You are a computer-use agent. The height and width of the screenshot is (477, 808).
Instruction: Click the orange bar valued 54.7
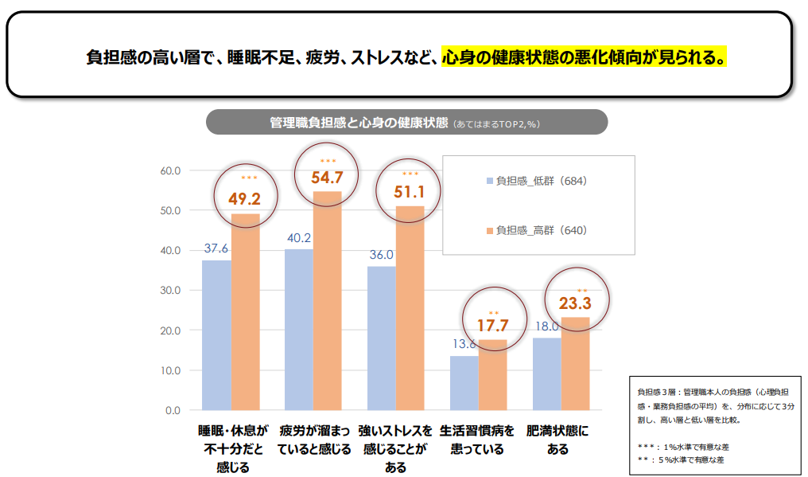point(327,301)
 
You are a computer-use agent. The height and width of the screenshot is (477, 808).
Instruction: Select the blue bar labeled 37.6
point(216,335)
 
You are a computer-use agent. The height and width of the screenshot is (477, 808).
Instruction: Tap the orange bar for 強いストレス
point(410,308)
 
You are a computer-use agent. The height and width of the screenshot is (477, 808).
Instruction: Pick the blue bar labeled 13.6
point(464,383)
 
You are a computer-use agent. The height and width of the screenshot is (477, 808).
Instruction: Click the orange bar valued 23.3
point(575,364)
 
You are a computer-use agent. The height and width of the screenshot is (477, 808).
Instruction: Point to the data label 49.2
point(244,198)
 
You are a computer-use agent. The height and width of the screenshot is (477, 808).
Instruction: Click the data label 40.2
point(298,237)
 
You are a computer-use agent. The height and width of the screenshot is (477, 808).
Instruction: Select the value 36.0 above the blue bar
point(381,255)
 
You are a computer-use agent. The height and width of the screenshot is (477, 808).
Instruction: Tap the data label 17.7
point(492,325)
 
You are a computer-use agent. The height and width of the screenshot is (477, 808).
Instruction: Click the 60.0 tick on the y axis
point(171,170)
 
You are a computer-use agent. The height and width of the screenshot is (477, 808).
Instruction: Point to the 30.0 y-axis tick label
point(171,291)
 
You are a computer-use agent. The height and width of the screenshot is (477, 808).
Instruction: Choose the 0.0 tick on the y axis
point(173,411)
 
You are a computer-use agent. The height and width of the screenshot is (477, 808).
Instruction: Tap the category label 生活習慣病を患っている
point(477,440)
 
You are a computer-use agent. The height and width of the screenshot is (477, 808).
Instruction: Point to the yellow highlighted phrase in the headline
point(585,58)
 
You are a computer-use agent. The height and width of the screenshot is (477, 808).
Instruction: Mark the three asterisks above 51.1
point(410,174)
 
